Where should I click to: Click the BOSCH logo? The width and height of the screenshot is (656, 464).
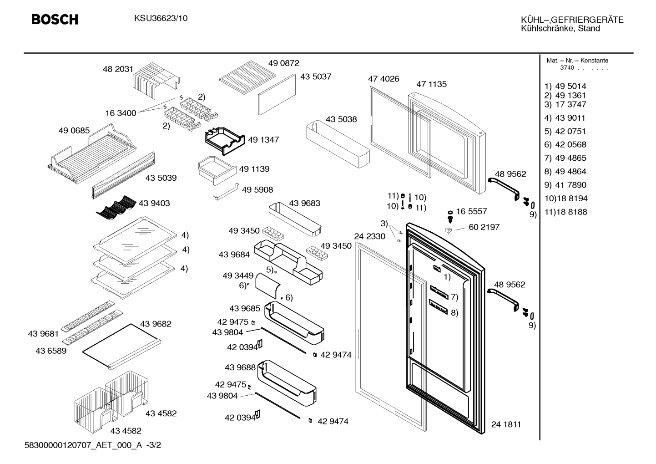click(55, 20)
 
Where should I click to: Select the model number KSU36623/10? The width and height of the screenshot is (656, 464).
click(161, 19)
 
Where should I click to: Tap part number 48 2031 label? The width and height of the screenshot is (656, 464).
click(118, 69)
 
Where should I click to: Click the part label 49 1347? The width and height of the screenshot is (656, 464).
click(263, 140)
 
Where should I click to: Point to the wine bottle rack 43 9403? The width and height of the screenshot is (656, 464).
click(116, 208)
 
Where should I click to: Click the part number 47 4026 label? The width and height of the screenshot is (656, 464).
click(384, 79)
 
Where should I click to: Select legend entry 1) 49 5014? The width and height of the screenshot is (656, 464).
click(565, 87)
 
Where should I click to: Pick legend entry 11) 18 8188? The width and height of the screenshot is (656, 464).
click(566, 212)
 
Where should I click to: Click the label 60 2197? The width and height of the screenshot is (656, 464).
click(484, 227)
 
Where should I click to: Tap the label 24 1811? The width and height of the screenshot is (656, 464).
click(506, 424)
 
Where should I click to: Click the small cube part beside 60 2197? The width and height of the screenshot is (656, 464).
click(449, 230)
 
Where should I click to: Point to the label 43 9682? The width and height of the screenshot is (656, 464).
click(156, 324)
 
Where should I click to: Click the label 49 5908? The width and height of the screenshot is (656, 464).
click(257, 190)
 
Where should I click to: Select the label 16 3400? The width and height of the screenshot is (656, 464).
click(121, 113)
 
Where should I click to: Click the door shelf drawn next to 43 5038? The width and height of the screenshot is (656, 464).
click(338, 146)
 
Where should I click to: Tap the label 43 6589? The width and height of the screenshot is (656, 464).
click(51, 351)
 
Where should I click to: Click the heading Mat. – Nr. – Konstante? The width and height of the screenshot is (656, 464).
click(577, 61)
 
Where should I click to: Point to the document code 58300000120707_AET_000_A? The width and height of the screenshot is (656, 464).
click(83, 445)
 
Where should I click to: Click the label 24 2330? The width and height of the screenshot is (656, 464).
click(369, 236)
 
